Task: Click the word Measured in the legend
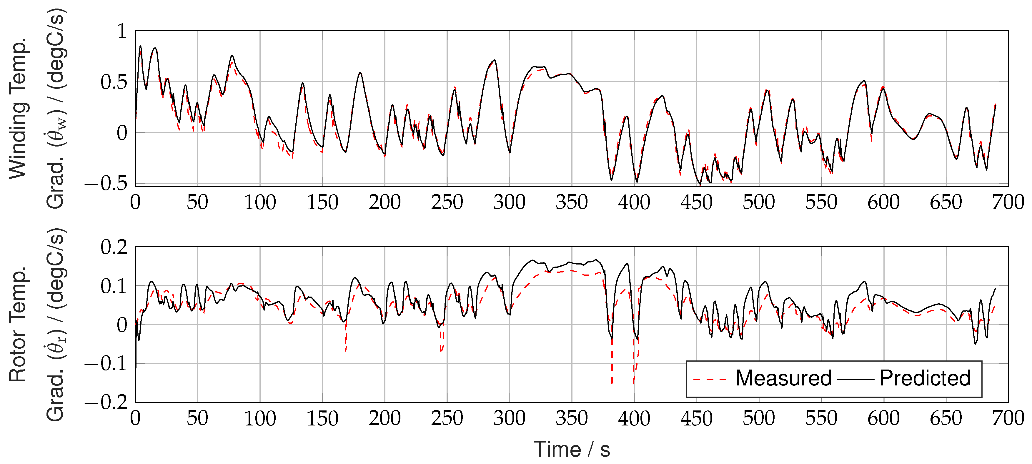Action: coord(784,378)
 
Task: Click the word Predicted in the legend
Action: coord(925,378)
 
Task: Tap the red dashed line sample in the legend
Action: coord(710,379)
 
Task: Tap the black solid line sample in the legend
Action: coord(855,379)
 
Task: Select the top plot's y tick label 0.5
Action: coord(114,82)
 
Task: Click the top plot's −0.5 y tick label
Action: coord(106,184)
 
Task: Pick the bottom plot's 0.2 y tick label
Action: coord(114,247)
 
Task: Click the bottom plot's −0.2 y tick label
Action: coord(106,402)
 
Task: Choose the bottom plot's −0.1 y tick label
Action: coord(106,364)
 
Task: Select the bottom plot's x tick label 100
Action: coord(260,419)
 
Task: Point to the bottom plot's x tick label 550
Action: coord(821,419)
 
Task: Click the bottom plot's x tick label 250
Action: coord(447,419)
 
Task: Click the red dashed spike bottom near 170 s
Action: coord(346,351)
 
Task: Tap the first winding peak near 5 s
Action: coord(140,46)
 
